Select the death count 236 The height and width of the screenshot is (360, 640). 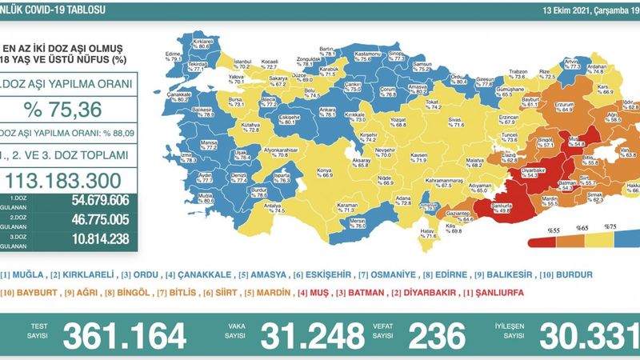click(436, 334)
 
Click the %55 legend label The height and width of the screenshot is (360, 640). click(550, 230)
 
